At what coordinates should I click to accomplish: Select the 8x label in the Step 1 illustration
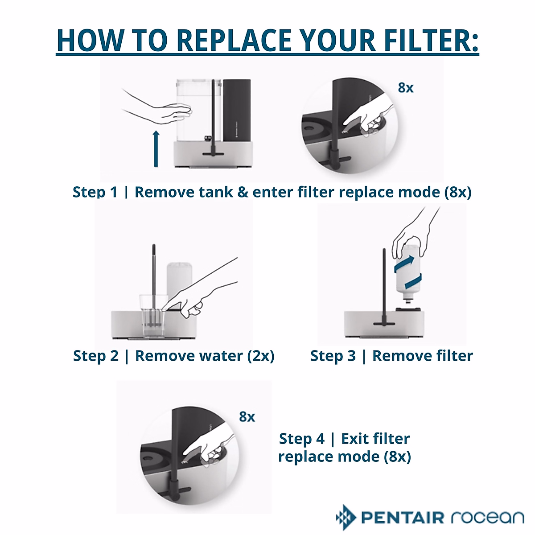[406, 88]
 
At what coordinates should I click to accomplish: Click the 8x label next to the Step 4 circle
[247, 417]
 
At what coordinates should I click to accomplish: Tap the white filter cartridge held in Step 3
[409, 272]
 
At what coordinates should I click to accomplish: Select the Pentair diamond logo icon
[346, 518]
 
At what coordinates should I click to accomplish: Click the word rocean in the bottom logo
[487, 518]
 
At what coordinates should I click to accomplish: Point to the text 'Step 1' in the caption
[95, 192]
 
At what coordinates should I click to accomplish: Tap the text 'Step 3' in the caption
[333, 356]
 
